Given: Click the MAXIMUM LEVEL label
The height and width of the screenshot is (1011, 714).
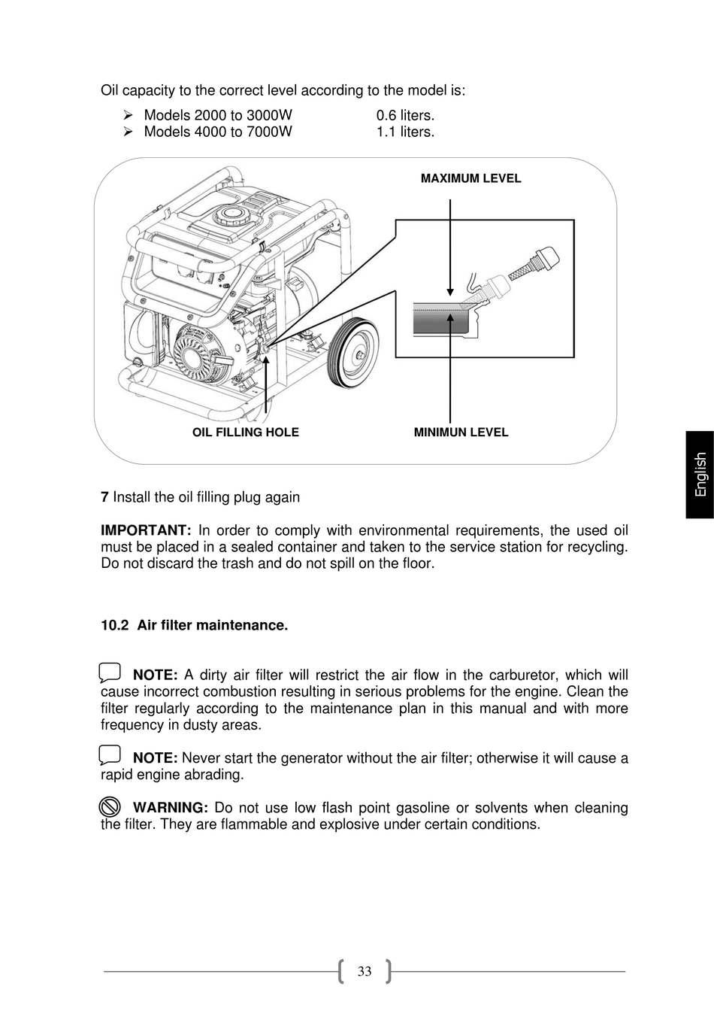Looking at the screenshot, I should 470,178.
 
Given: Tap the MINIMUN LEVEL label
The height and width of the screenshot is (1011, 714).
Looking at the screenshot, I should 461,433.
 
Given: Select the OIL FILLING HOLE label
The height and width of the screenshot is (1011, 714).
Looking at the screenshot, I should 246,433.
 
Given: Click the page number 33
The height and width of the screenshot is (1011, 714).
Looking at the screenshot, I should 365,971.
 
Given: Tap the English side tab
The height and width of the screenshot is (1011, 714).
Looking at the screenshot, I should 700,474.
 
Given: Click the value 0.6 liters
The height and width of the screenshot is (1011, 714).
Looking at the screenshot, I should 405,115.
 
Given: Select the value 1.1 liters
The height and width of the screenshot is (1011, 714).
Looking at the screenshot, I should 405,132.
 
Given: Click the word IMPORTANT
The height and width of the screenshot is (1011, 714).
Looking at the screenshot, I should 146,531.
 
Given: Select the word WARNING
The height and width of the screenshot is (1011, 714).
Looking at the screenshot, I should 170,808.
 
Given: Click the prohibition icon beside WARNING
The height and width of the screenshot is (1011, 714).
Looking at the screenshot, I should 110,807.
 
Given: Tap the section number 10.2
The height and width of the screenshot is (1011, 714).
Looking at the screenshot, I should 115,625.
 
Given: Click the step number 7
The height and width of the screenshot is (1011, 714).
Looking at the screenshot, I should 104,497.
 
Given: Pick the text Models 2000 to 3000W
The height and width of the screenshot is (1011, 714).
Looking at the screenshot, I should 218,115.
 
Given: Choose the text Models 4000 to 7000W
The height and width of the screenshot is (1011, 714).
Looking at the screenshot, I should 218,132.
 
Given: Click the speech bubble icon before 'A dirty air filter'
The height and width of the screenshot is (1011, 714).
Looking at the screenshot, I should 110,672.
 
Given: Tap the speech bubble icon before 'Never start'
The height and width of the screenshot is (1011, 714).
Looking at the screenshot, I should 110,754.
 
